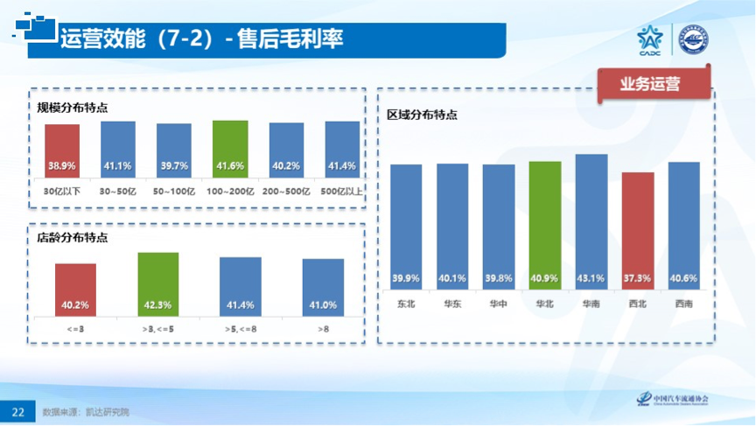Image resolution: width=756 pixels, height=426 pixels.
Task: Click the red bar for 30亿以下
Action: (62, 149)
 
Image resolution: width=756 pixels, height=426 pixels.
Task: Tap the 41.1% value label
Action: (117, 165)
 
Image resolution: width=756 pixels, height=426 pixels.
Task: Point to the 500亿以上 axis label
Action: (342, 189)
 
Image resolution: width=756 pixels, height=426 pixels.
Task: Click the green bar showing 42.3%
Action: (158, 283)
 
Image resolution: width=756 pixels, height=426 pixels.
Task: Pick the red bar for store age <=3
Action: (75, 288)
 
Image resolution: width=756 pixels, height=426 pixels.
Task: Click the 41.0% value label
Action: (323, 304)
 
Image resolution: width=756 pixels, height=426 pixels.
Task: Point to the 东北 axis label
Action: (406, 304)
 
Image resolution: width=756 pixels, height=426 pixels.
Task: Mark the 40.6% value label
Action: (683, 278)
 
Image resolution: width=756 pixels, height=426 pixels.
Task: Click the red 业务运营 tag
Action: (649, 85)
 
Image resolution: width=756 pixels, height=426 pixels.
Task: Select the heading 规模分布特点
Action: (73, 108)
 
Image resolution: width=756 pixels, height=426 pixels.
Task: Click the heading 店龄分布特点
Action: (73, 237)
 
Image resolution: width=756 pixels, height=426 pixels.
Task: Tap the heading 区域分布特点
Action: (423, 115)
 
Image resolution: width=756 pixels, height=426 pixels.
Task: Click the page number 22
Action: (17, 411)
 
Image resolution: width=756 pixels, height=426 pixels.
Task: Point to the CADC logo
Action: (649, 40)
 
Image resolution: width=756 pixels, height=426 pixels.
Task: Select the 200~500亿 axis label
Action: (286, 189)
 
